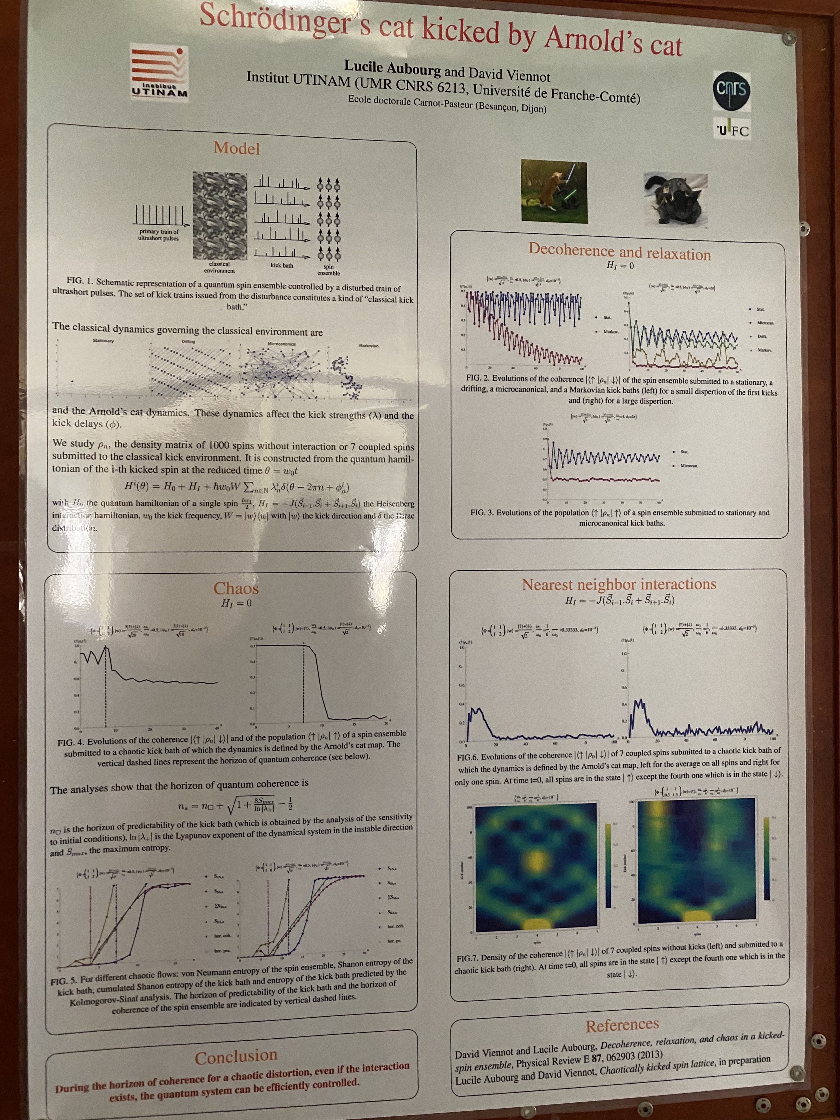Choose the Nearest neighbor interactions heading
tap(619, 584)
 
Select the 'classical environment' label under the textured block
tap(219, 267)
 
